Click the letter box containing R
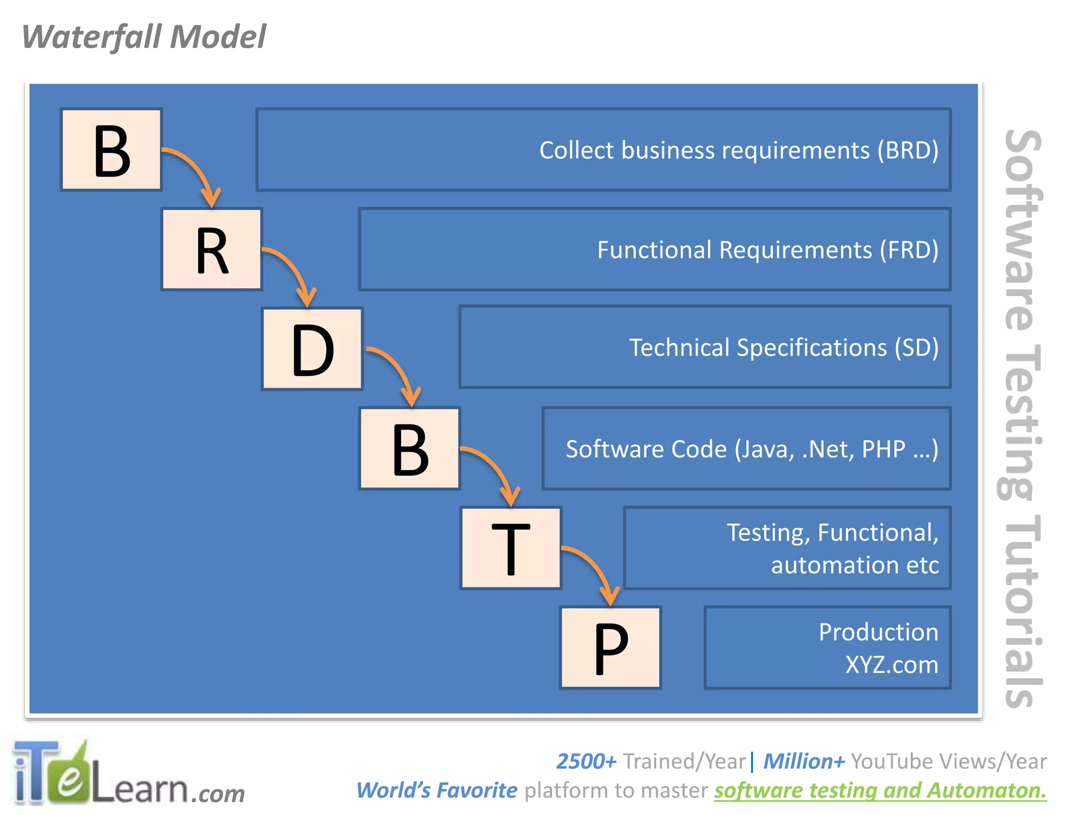[x=212, y=249]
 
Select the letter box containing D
[x=312, y=349]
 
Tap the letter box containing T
[x=511, y=548]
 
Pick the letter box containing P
[x=610, y=648]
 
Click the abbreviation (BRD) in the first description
[x=907, y=150]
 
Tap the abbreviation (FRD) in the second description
[x=909, y=250]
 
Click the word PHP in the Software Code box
[x=883, y=449]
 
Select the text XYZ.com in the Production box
[x=891, y=665]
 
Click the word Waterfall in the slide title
[x=92, y=37]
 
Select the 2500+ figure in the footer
[x=586, y=761]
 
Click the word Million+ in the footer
[x=803, y=761]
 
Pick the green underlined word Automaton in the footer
[x=987, y=791]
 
